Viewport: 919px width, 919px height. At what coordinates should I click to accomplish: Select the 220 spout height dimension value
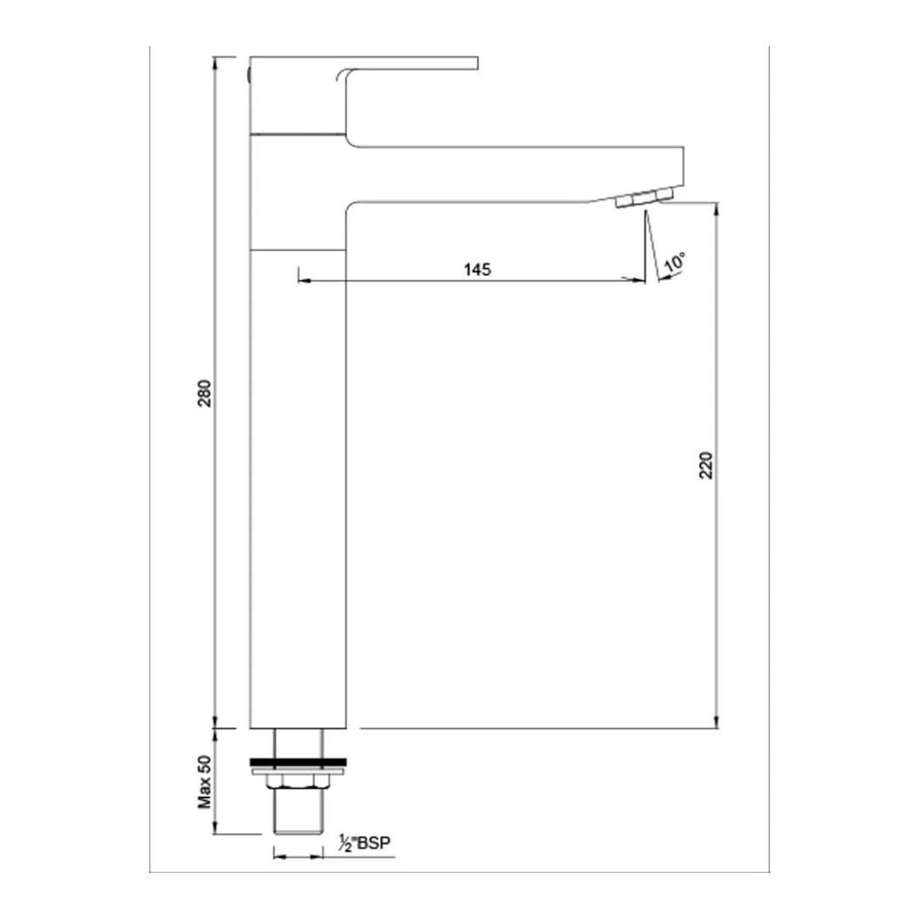[706, 464]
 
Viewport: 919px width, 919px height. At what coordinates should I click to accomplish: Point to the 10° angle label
[675, 263]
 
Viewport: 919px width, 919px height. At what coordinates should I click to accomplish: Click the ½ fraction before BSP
[346, 844]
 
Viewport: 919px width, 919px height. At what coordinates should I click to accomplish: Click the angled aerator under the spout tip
[643, 198]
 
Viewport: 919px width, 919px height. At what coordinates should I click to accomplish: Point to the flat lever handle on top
[408, 62]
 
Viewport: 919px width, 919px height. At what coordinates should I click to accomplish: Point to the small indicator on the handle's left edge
[248, 75]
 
